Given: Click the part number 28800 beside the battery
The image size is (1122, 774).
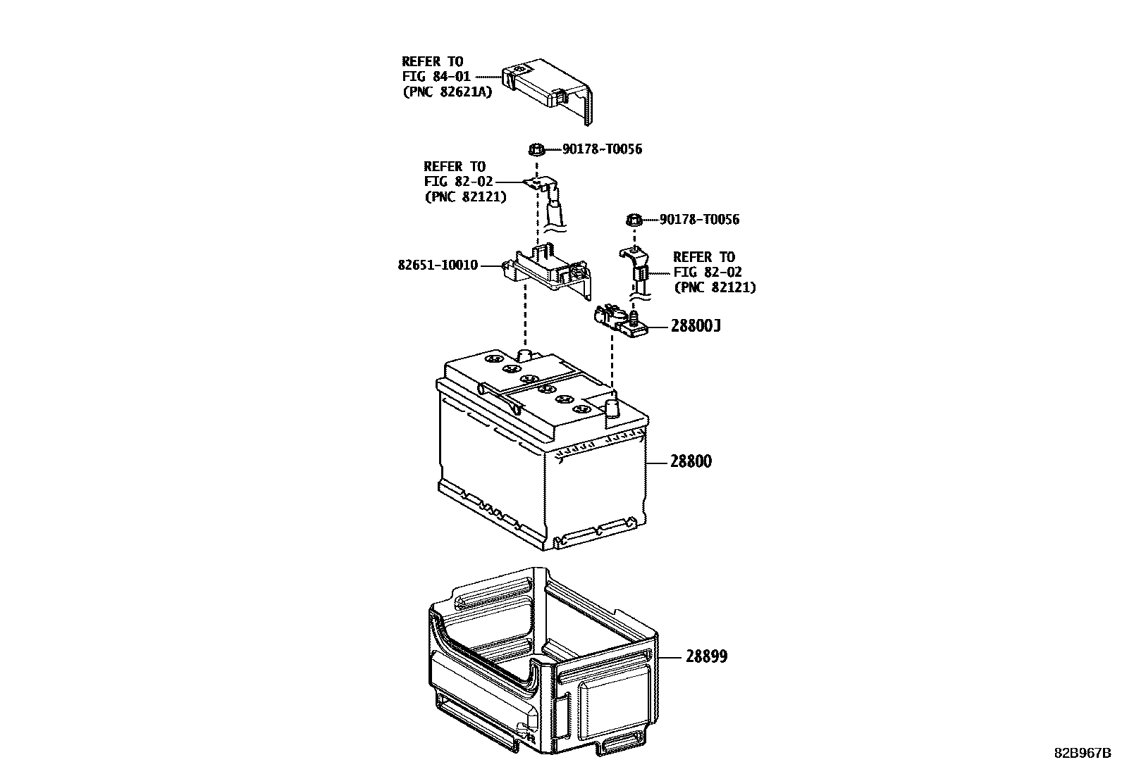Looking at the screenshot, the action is click(x=691, y=462).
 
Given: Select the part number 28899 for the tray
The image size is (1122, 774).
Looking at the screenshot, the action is click(x=707, y=656).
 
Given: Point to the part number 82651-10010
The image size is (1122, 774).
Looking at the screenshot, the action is click(x=438, y=266).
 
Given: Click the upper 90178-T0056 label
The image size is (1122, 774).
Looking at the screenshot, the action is click(x=602, y=149).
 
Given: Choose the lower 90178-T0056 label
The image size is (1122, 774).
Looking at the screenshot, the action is click(x=699, y=220).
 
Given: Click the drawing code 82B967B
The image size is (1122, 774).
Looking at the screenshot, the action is click(x=1082, y=752).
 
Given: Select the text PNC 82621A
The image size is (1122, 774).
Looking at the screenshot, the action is click(x=447, y=92).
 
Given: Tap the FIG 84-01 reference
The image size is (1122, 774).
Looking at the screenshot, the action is click(x=436, y=76).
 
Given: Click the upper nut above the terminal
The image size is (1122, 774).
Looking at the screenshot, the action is click(x=536, y=149).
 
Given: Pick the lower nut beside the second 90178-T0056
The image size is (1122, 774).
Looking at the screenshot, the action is click(x=633, y=220).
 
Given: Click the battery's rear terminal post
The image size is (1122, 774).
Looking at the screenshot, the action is click(x=524, y=354).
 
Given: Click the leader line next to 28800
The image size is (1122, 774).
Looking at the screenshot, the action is click(x=657, y=463).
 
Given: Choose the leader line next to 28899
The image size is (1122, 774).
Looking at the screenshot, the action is click(x=671, y=656).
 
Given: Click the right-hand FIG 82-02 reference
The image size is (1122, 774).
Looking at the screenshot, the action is click(x=708, y=273).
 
